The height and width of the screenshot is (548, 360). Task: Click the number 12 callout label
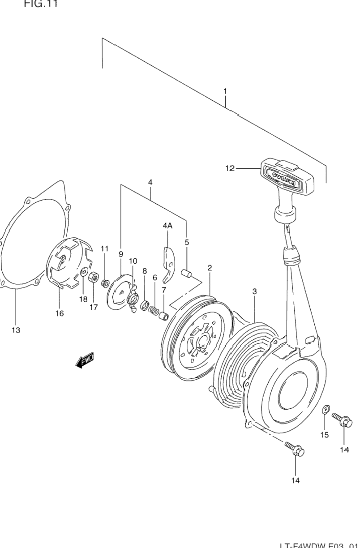coord(230,168)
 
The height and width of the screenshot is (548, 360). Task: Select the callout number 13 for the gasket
coord(16,330)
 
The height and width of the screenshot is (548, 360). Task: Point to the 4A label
coord(167,226)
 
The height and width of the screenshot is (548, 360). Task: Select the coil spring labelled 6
coord(154,309)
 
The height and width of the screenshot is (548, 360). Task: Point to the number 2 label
coord(210,268)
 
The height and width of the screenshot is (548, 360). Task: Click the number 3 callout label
coord(254,291)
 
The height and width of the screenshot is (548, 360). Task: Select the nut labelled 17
coord(93,277)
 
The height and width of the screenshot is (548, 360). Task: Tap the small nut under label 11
coord(106,283)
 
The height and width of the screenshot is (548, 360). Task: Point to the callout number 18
coord(83,299)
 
